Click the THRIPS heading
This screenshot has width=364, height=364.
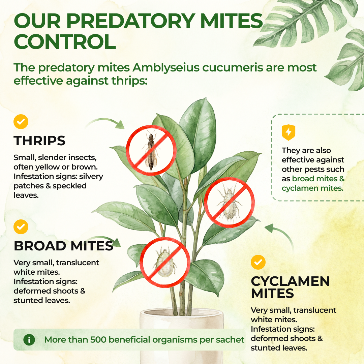tap(39, 141)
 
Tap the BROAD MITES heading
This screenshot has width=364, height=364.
tap(64, 246)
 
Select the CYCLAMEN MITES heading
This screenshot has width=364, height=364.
tap(290, 287)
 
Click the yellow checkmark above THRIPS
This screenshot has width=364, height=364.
tap(21, 121)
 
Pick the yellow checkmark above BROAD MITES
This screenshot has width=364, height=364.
tap(21, 226)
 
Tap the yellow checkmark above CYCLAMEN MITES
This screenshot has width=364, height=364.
tap(258, 262)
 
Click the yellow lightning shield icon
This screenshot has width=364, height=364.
tap(288, 132)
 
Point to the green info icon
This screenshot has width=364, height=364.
tap(29, 340)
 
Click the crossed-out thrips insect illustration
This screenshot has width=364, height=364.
tap(151, 150)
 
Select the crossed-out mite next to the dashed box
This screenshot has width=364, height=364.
tap(230, 203)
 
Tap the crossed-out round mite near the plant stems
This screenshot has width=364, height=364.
tap(165, 262)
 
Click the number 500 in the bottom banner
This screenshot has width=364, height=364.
tap(98, 340)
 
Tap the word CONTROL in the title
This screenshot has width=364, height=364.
tap(65, 42)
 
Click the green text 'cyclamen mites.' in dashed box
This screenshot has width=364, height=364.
tap(312, 188)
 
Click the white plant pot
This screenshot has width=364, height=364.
tap(182, 337)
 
